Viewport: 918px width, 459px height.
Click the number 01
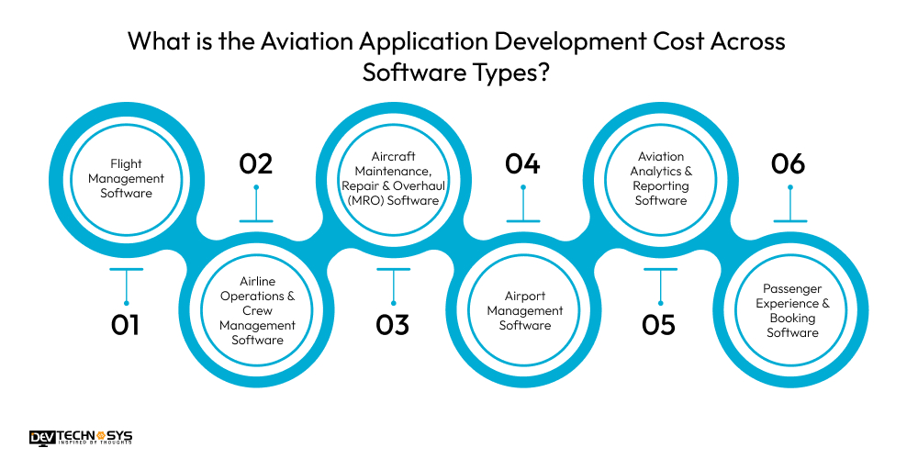pyautogui.click(x=125, y=324)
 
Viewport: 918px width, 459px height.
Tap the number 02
pyautogui.click(x=256, y=163)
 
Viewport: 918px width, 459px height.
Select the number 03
pyautogui.click(x=392, y=324)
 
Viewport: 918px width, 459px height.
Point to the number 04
pyautogui.click(x=522, y=163)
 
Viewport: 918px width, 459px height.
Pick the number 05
pyautogui.click(x=659, y=324)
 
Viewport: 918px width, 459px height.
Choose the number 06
pyautogui.click(x=789, y=163)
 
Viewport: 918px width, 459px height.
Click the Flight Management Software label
pyautogui.click(x=127, y=179)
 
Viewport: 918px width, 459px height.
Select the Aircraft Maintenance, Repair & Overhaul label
pyautogui.click(x=394, y=179)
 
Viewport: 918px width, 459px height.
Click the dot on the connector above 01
pyautogui.click(x=126, y=303)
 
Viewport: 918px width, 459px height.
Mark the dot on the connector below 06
pyautogui.click(x=789, y=187)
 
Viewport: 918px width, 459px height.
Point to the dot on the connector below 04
pyautogui.click(x=523, y=187)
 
